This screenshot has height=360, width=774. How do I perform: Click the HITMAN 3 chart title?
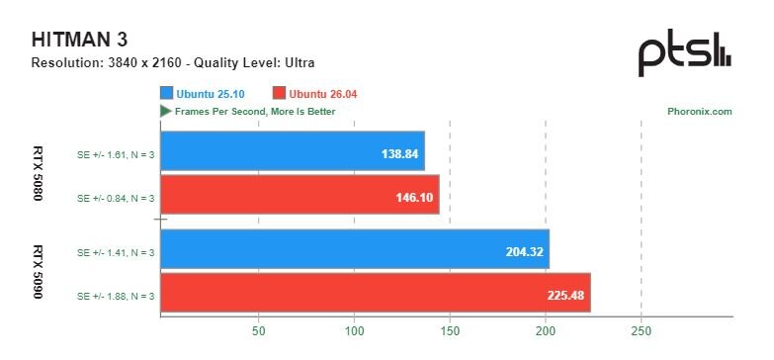click(x=79, y=40)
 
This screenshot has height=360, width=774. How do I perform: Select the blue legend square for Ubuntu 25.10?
click(x=166, y=94)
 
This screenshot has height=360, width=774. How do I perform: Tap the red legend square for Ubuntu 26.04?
click(x=280, y=94)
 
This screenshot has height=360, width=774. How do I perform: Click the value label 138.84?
click(x=399, y=154)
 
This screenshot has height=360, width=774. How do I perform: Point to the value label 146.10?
click(x=414, y=198)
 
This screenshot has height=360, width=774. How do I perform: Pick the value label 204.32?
click(x=524, y=252)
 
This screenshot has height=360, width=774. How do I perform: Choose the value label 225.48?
click(x=565, y=296)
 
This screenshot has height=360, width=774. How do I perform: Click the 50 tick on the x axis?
click(x=258, y=331)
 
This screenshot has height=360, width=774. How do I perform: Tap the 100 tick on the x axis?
click(x=355, y=331)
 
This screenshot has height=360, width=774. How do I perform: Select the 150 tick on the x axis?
click(x=450, y=331)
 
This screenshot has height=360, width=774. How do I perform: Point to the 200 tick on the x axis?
click(x=546, y=331)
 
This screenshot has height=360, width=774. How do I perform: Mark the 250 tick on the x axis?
click(x=641, y=331)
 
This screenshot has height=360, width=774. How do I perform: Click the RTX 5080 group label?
click(x=38, y=173)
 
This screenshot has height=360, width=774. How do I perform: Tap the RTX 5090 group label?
click(x=38, y=272)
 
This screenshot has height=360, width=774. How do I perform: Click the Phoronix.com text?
click(x=700, y=112)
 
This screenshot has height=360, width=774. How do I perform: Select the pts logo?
click(x=685, y=52)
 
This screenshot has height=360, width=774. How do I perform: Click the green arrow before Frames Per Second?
click(x=165, y=111)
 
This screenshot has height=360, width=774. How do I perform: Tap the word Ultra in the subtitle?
click(x=301, y=62)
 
